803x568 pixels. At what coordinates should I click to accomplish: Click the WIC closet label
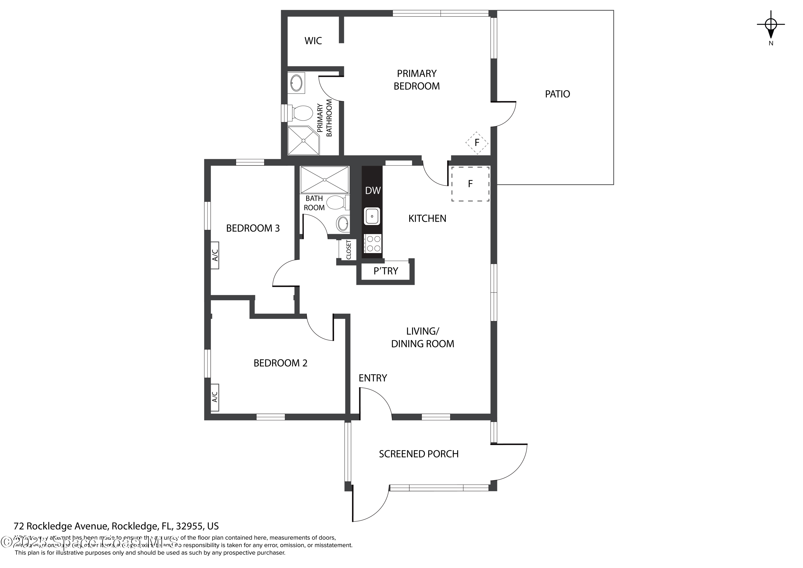point(313,41)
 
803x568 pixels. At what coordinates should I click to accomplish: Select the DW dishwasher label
point(373,191)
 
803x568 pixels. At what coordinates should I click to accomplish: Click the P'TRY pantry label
point(386,271)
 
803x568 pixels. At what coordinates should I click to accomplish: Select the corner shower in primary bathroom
point(303,140)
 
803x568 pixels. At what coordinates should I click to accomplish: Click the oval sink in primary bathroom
point(297,82)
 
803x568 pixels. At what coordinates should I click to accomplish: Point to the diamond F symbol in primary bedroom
point(476,143)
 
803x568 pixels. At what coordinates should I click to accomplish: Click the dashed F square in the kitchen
point(470,184)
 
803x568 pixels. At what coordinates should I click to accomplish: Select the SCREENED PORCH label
point(418,454)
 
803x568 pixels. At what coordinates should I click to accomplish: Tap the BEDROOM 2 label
point(280,363)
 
